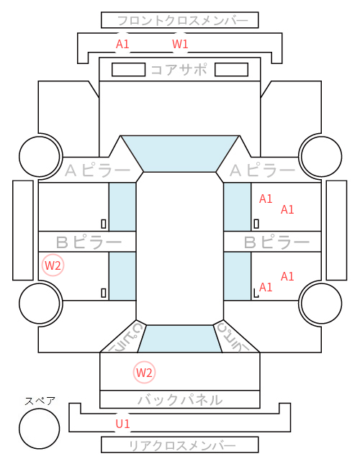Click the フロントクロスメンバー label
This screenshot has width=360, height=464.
(183, 21)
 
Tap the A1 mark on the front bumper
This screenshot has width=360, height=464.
(122, 44)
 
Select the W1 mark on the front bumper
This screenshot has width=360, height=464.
(180, 44)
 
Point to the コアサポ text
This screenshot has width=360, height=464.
(179, 70)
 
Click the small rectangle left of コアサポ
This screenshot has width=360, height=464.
(128, 70)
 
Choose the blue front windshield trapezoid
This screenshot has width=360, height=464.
(180, 154)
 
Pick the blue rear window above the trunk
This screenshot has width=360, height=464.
(180, 339)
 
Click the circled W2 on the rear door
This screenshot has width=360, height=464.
(53, 265)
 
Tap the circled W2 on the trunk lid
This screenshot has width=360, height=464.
(144, 372)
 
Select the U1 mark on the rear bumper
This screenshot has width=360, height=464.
(122, 424)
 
